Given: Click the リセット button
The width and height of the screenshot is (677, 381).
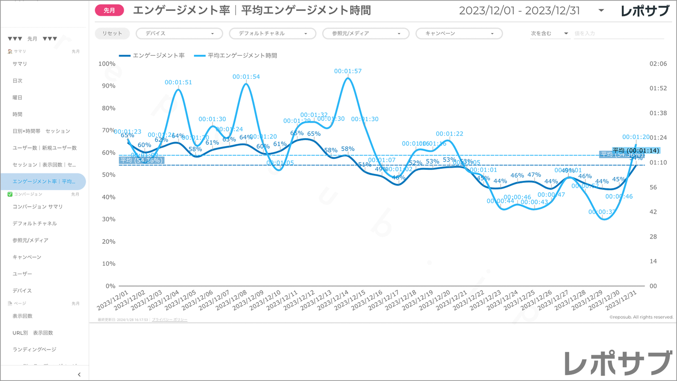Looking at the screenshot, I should point(112,34).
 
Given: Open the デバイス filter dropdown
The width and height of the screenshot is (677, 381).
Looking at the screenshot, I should point(179,34).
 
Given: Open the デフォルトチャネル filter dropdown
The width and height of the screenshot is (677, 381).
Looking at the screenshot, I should point(272,34).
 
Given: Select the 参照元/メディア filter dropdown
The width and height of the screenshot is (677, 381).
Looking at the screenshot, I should point(365,34).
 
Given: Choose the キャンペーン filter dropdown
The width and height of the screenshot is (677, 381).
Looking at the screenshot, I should point(459,34).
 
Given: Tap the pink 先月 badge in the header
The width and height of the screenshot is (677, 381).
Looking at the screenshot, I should point(109,10).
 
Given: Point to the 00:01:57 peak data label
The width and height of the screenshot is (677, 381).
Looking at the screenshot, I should point(348,71).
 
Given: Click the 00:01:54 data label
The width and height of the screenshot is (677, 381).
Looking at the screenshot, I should point(246,77).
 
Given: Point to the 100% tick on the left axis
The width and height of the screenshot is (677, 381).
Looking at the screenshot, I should point(107,64).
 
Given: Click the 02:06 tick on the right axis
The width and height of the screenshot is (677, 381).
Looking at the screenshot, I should point(658,64).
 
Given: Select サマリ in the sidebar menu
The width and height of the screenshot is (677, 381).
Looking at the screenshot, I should point(20,64).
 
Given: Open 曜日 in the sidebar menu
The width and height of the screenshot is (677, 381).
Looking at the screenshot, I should point(17,97).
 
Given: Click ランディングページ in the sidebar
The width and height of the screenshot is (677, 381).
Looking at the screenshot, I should point(34,350).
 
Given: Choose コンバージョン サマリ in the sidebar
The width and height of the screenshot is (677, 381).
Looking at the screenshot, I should point(37,207).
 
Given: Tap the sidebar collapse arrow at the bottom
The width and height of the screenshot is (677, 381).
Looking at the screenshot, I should point(79,374).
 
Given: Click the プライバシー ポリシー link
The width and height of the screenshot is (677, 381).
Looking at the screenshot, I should point(170,320).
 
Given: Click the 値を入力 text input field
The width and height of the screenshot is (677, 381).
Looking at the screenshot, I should point(618,34).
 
